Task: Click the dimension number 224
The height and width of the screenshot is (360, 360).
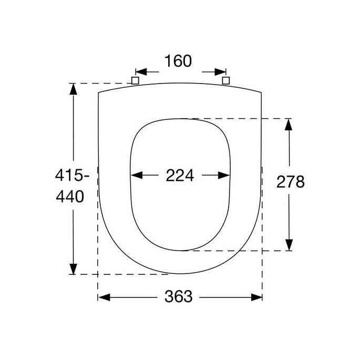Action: [x=180, y=176]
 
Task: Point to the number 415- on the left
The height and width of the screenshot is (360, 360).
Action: [x=70, y=174]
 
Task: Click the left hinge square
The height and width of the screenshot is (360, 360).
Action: [x=135, y=80]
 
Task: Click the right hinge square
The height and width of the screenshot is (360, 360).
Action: [x=226, y=80]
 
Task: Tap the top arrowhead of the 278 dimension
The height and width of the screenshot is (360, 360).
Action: [x=289, y=125]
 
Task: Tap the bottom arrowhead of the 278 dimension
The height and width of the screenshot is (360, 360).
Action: [x=289, y=245]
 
